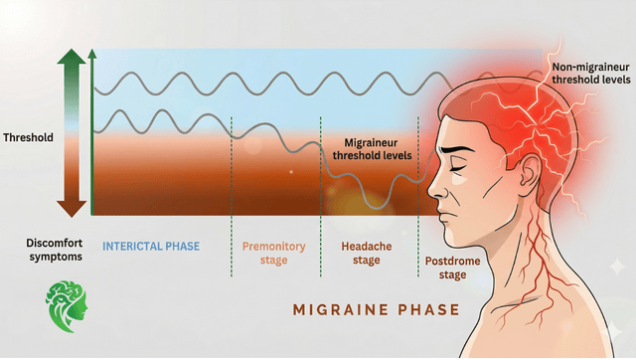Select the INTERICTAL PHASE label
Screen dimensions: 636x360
point(152,245)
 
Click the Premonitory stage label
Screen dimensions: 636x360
point(274,253)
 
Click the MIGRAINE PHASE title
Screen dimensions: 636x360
point(376,309)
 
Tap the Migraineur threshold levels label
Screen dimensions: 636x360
point(378,149)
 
